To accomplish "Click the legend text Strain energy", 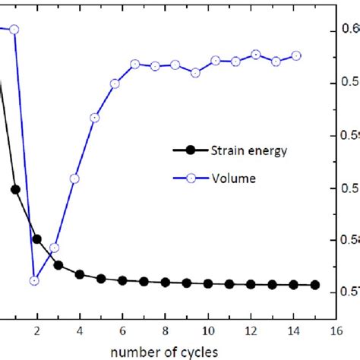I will coord(248,150).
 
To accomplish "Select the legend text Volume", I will coord(232,178).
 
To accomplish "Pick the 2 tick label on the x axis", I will coord(36,329).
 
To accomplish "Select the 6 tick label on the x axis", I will coord(122,329).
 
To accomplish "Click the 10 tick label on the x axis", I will coord(207,329).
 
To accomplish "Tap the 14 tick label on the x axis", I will coord(293,329).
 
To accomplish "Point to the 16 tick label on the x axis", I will coord(336,329).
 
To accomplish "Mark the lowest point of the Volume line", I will coord(34,280).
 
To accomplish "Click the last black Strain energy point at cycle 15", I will coord(315,286).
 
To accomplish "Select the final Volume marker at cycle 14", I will coord(296,55).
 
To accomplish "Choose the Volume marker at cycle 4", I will coord(74,178).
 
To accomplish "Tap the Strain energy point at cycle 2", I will coord(36,238).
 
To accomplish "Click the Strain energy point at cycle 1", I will coord(15,189).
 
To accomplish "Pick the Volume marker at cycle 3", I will coord(54,248).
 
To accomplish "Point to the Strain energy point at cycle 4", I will coord(79,274).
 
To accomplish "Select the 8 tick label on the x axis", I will coord(165,329).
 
